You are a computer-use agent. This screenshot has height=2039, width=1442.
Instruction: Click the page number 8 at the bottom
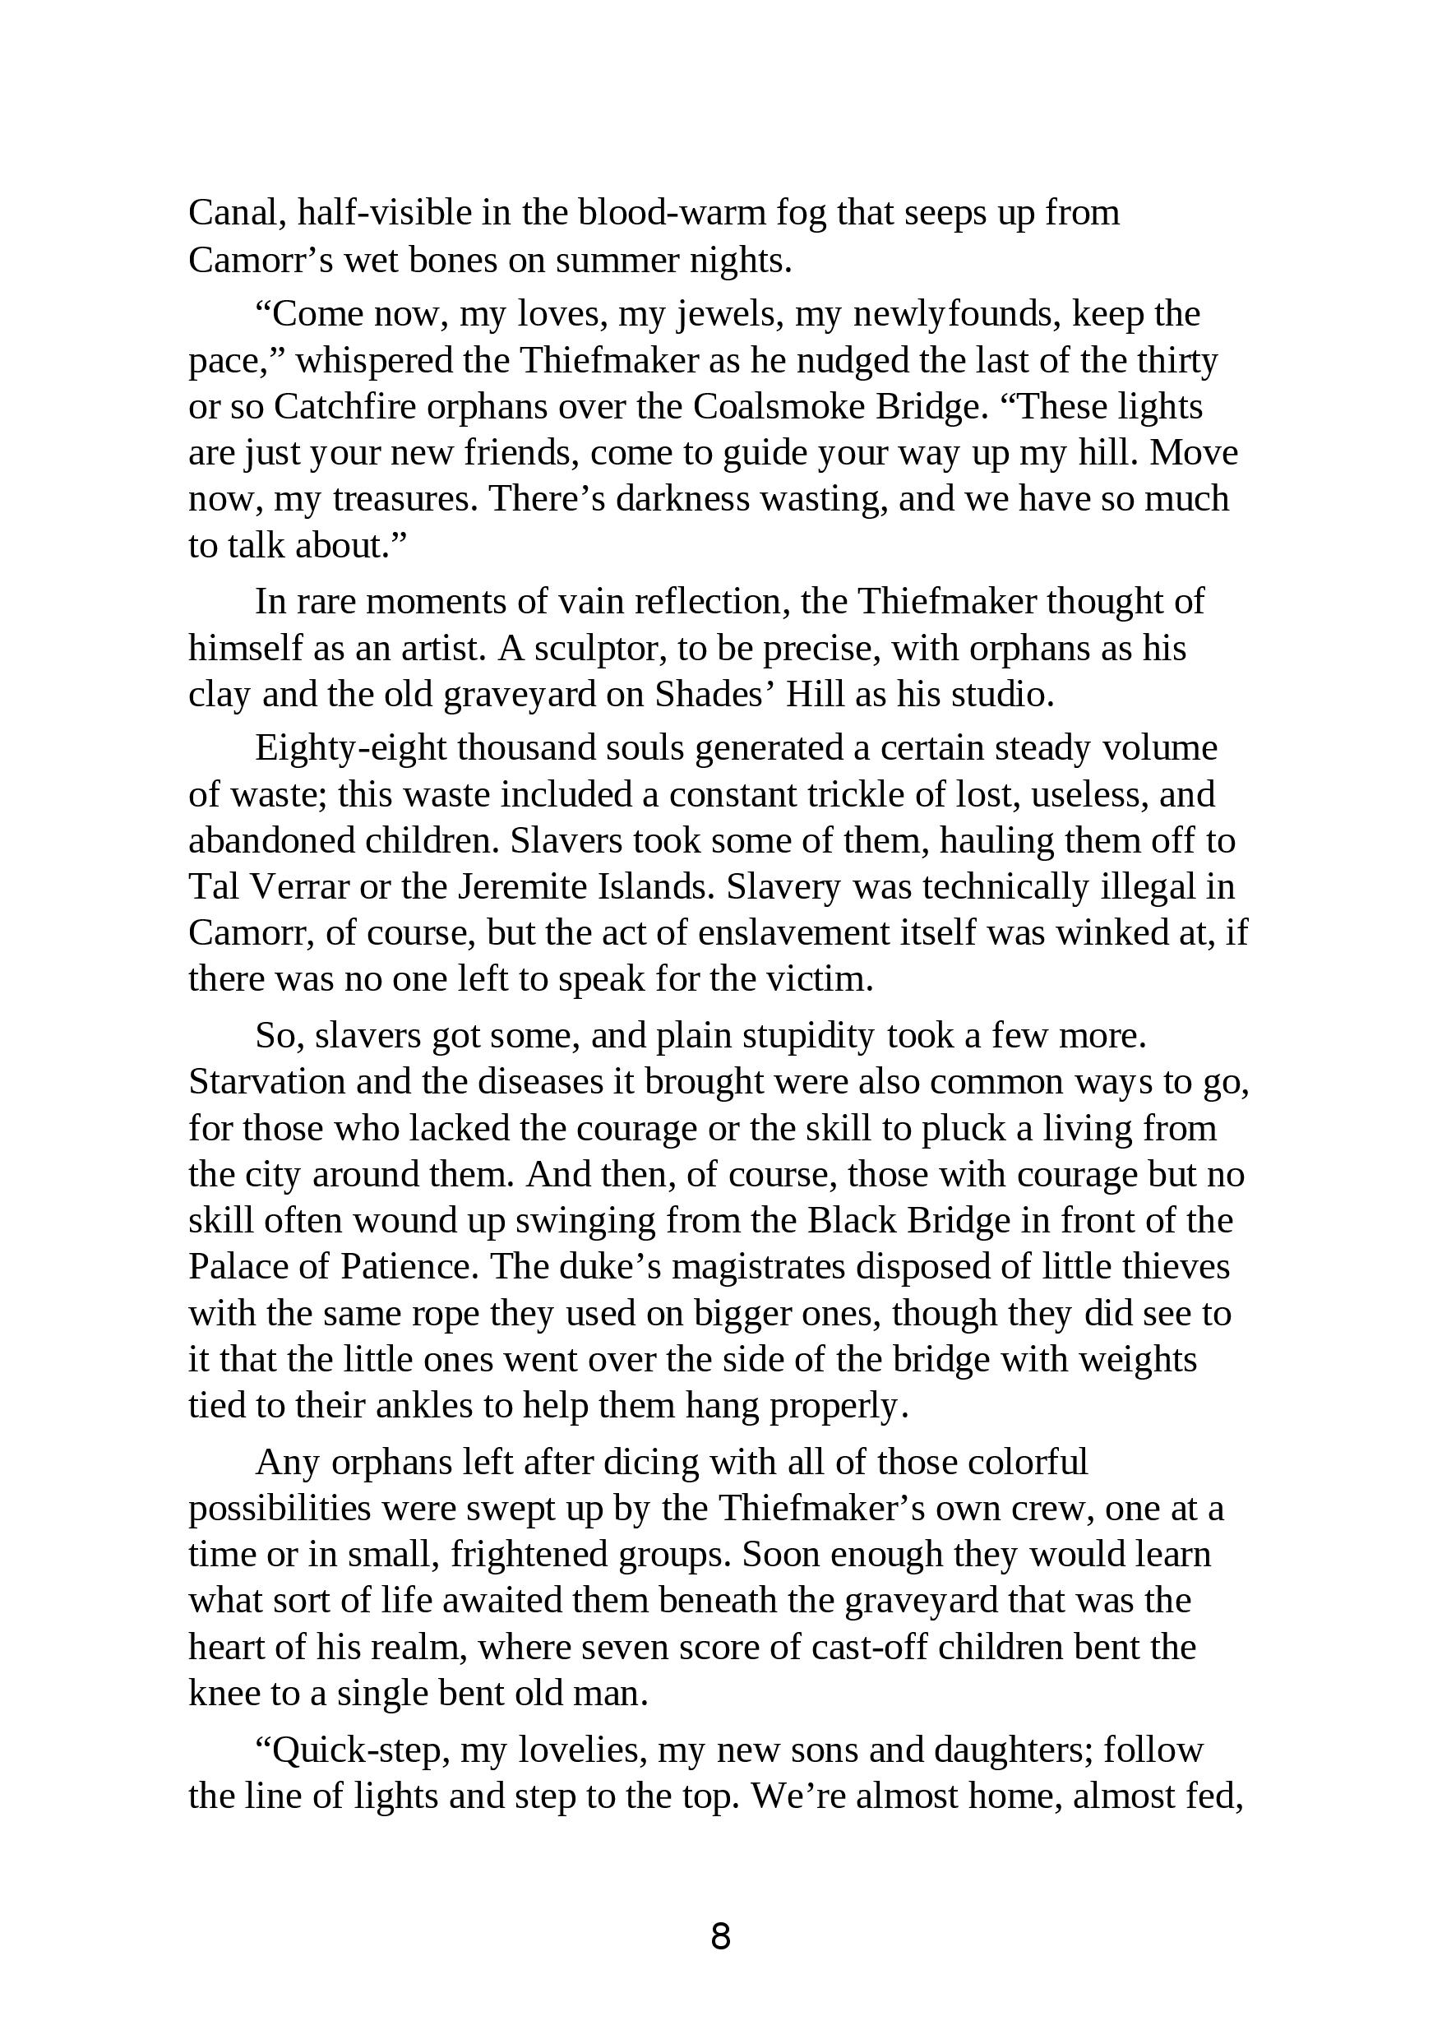720,1936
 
